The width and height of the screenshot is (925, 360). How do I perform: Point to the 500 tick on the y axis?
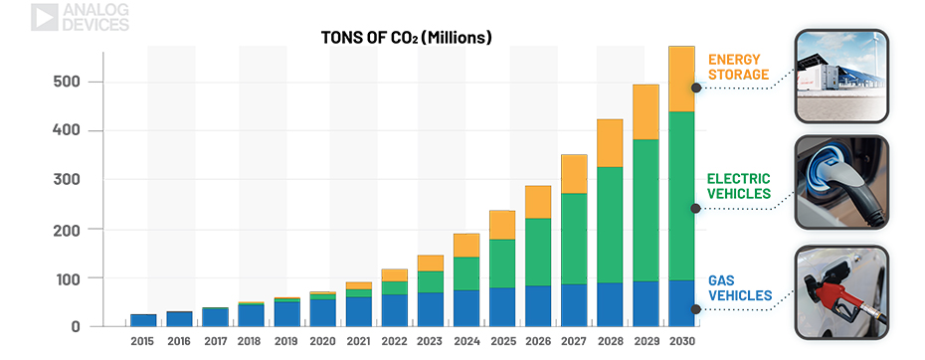pyautogui.click(x=65, y=82)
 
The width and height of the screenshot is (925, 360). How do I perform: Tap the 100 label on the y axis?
pyautogui.click(x=65, y=277)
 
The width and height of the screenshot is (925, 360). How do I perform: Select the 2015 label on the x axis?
pyautogui.click(x=143, y=341)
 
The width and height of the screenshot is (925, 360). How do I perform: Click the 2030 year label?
pyautogui.click(x=681, y=341)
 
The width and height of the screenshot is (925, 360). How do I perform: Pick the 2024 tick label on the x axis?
pyautogui.click(x=466, y=341)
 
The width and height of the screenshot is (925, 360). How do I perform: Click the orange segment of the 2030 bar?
pyautogui.click(x=681, y=79)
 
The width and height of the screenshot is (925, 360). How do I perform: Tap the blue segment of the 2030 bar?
pyautogui.click(x=681, y=303)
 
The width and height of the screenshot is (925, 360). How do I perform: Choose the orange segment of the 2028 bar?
pyautogui.click(x=610, y=143)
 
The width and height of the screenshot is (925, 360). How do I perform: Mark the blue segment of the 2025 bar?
pyautogui.click(x=502, y=307)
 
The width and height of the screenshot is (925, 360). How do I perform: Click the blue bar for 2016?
pyautogui.click(x=179, y=319)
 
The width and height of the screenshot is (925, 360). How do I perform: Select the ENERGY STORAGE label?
pyautogui.click(x=739, y=67)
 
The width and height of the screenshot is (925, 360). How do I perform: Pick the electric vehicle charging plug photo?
pyautogui.click(x=841, y=182)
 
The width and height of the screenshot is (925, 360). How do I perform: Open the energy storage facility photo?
pyautogui.click(x=841, y=76)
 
